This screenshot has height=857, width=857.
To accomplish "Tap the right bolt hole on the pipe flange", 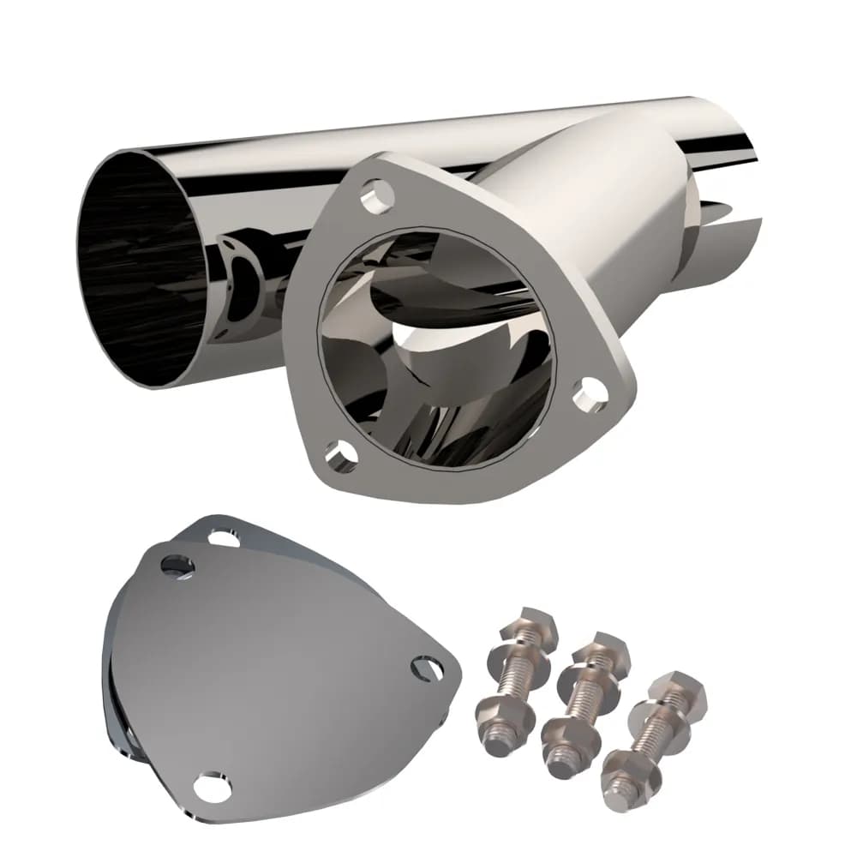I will pyautogui.click(x=590, y=395).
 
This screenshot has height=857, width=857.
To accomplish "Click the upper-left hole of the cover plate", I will pyautogui.click(x=177, y=565).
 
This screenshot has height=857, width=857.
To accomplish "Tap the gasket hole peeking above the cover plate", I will pyautogui.click(x=224, y=538).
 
